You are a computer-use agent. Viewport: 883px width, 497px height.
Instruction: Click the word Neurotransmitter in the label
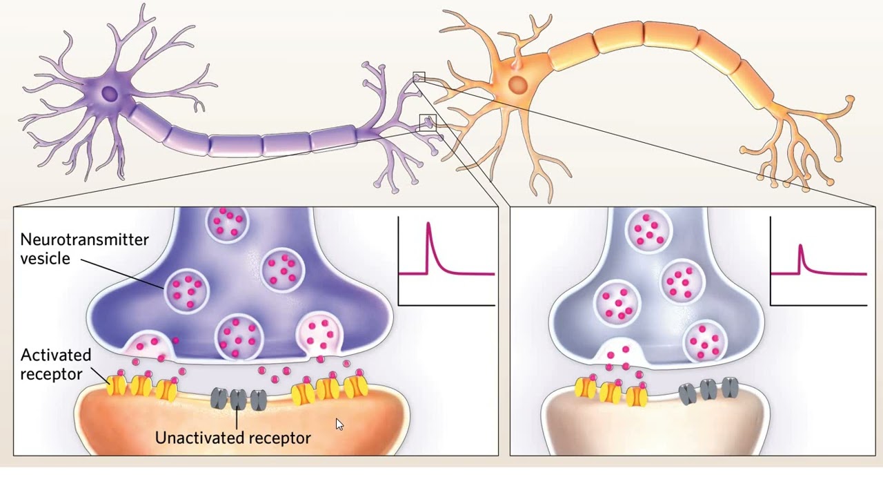tap(84, 240)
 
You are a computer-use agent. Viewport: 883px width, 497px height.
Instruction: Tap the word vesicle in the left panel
tap(45, 259)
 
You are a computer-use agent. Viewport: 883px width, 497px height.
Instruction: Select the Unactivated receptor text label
tap(233, 438)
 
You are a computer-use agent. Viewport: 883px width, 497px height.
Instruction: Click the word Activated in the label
tap(56, 355)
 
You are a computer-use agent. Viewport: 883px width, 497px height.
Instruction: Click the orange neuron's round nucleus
tap(517, 84)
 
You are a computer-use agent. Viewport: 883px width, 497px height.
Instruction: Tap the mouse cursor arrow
tap(339, 425)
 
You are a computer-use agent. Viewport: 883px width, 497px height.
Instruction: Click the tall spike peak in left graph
tap(428, 224)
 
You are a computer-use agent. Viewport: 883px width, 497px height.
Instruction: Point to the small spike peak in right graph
tap(800, 246)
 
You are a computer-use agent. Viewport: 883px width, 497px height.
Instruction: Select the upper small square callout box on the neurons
tap(419, 77)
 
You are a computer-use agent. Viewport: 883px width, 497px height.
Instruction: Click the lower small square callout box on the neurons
tap(428, 123)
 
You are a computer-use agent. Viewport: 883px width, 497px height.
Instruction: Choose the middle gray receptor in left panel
tap(239, 400)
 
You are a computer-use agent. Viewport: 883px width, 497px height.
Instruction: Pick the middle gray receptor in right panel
tap(708, 389)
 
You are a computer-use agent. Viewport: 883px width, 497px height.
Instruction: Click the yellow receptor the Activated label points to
tap(117, 386)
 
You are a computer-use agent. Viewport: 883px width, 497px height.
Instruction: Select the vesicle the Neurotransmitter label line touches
tap(186, 290)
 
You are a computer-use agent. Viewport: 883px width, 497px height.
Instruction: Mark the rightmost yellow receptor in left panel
tap(357, 387)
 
